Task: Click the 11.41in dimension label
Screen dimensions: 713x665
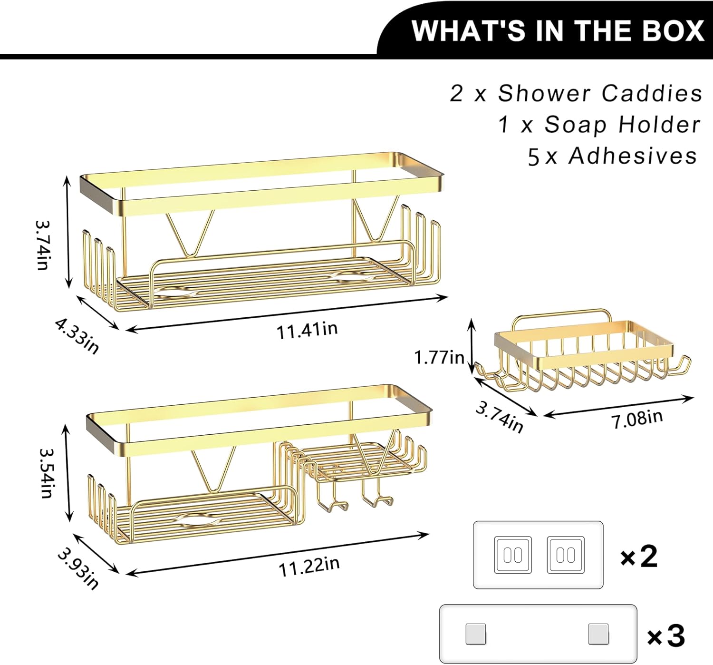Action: (x=308, y=330)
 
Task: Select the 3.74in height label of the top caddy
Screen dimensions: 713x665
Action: (x=43, y=245)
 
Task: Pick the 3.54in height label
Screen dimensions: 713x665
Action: (x=46, y=472)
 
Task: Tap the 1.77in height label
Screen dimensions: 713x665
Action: (x=439, y=358)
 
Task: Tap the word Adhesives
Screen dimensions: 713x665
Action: (x=632, y=156)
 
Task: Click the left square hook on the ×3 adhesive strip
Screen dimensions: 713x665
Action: (x=476, y=635)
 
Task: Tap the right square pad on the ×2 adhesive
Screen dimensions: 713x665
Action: (x=566, y=555)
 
